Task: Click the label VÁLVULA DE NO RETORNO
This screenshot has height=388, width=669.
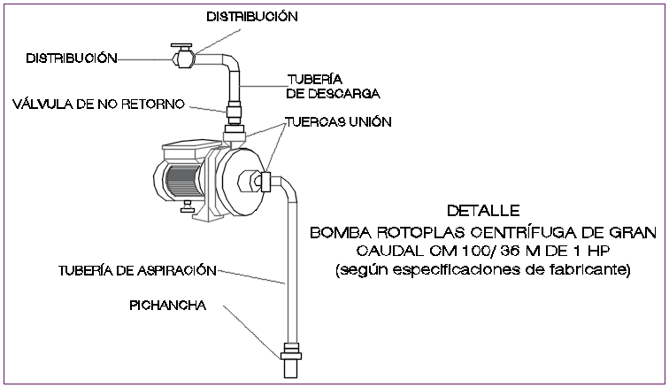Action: pyautogui.click(x=98, y=105)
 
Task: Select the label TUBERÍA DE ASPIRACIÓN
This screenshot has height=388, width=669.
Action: pyautogui.click(x=126, y=268)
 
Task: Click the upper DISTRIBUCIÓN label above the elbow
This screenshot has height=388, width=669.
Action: pyautogui.click(x=252, y=16)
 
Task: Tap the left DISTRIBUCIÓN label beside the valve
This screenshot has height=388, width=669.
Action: pyautogui.click(x=72, y=58)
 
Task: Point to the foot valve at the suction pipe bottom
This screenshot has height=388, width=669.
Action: pyautogui.click(x=288, y=359)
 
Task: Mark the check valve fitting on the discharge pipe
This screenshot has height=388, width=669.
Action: pyautogui.click(x=235, y=113)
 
